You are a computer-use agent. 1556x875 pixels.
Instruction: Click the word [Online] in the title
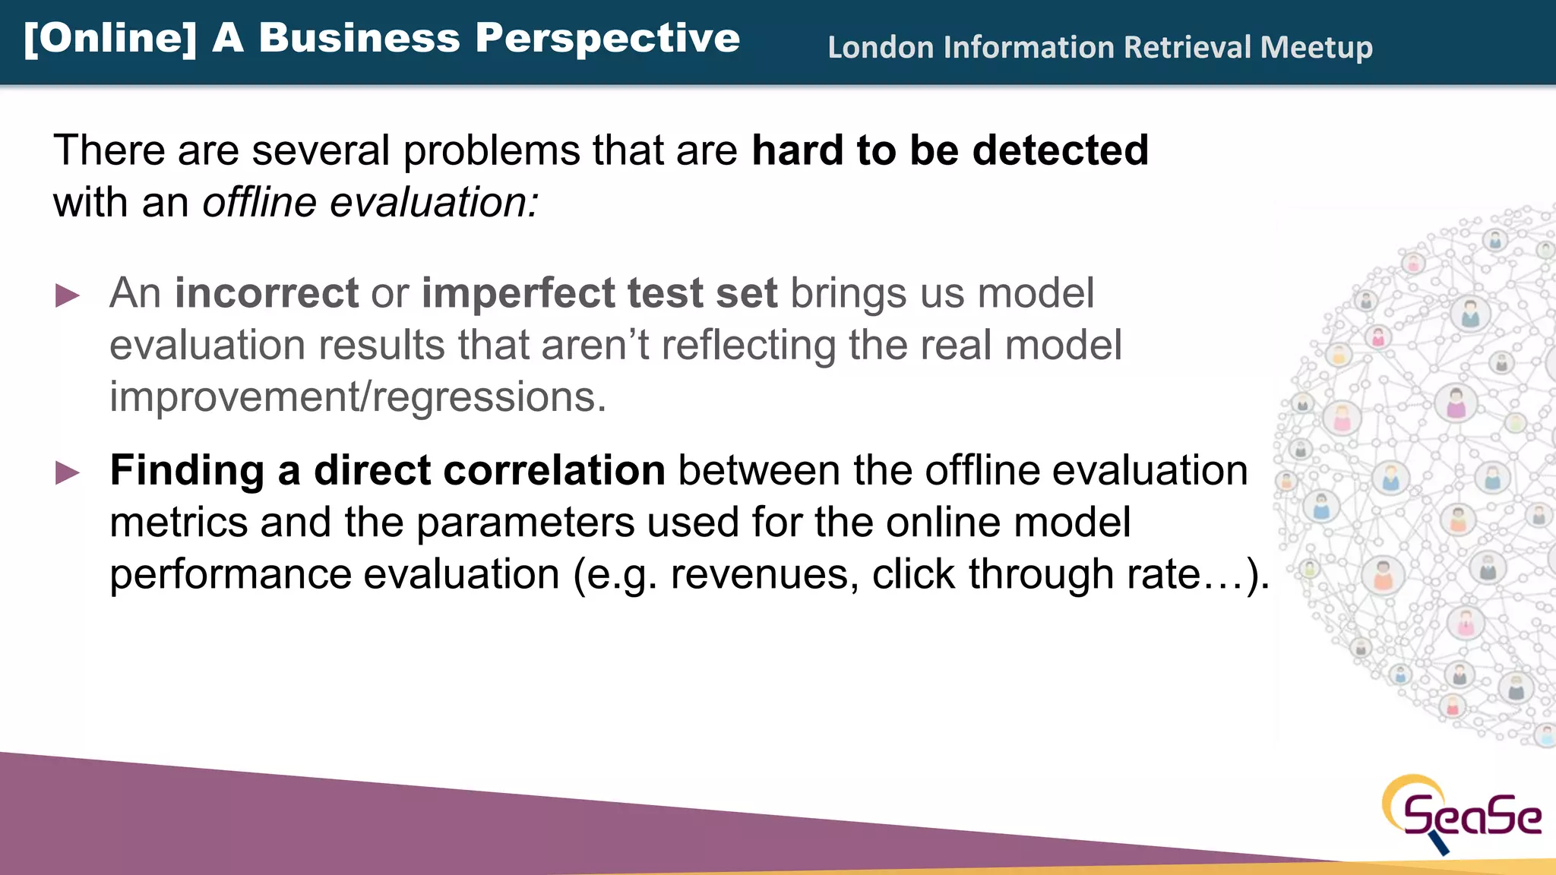[109, 38]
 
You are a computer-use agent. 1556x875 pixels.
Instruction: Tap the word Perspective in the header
[607, 38]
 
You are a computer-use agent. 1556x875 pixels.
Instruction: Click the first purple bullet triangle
[68, 295]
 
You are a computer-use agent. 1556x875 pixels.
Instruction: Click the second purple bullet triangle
[68, 472]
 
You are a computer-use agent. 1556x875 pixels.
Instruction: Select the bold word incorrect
[266, 293]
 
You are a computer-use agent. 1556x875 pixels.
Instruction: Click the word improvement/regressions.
[358, 397]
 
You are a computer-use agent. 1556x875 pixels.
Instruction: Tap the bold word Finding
[187, 470]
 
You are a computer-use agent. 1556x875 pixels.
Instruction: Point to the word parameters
[525, 523]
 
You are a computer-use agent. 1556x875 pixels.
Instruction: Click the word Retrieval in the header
[1187, 47]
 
